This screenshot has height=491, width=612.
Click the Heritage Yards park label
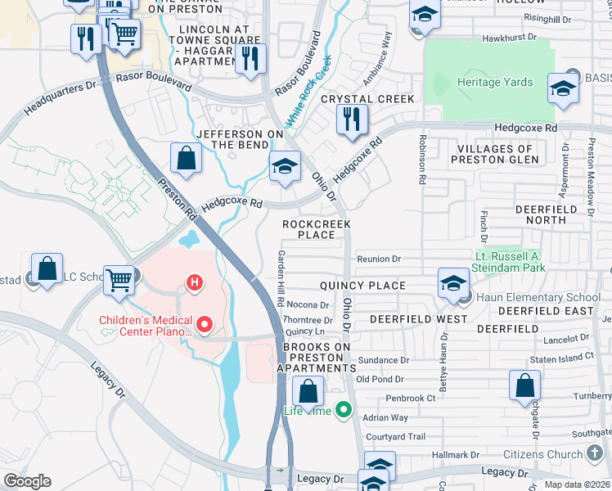(494, 83)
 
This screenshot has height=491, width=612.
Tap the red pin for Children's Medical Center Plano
(204, 326)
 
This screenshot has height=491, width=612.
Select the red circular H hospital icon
(195, 284)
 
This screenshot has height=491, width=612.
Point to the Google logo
(26, 481)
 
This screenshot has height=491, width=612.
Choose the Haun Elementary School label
(536, 297)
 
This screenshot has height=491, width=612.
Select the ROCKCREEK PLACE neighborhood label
(317, 229)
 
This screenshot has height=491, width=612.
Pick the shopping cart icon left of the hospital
(119, 280)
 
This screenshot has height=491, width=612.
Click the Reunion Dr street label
(378, 259)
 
